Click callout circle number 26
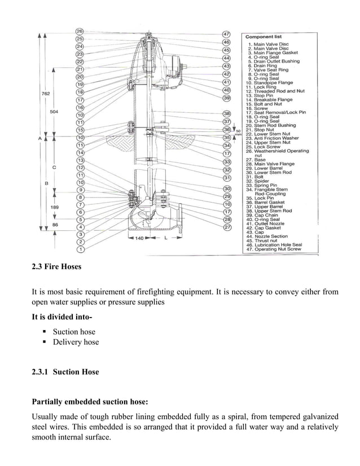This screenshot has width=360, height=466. point(80,31)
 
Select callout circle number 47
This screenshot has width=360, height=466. point(226,34)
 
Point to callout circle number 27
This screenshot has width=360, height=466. point(227,227)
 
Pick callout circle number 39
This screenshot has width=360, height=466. point(227,98)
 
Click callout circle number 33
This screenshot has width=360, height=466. point(227,162)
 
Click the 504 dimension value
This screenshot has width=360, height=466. point(55,112)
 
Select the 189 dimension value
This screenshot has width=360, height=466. point(55,208)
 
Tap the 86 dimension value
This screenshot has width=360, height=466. point(55,225)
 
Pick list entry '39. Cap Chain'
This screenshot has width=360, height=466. point(265,215)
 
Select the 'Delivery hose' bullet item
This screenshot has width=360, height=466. point(76,342)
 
